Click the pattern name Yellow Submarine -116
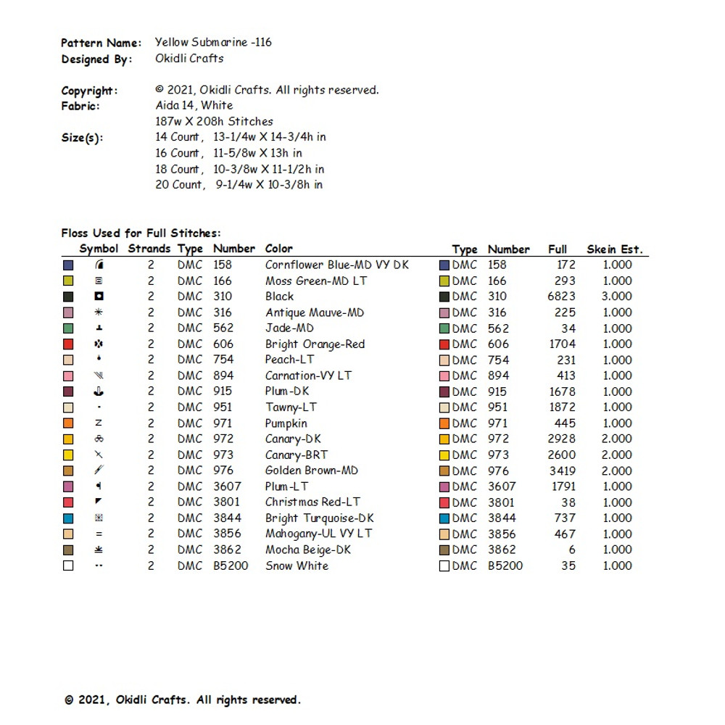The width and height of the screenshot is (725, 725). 213,42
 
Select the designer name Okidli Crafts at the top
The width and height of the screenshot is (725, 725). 189,59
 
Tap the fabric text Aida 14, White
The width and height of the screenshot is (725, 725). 194,105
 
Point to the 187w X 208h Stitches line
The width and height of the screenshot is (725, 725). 214,121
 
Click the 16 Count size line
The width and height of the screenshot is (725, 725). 228,153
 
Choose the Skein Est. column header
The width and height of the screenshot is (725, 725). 614,249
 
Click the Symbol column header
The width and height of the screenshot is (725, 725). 99,249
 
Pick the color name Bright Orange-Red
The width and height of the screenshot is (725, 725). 315,344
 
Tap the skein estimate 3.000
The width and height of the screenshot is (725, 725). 616,297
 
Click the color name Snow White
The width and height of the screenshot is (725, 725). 297,565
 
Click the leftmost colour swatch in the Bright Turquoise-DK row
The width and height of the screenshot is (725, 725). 68,518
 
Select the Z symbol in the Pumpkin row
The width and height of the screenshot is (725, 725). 99,423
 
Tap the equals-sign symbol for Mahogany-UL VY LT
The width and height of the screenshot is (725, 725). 99,534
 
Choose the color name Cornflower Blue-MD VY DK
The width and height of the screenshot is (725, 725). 336,265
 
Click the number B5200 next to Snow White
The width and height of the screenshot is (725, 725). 231,565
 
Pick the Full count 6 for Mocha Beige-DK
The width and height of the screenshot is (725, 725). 572,550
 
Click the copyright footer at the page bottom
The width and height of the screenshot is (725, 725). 183,700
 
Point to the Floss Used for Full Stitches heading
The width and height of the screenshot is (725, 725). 141,233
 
